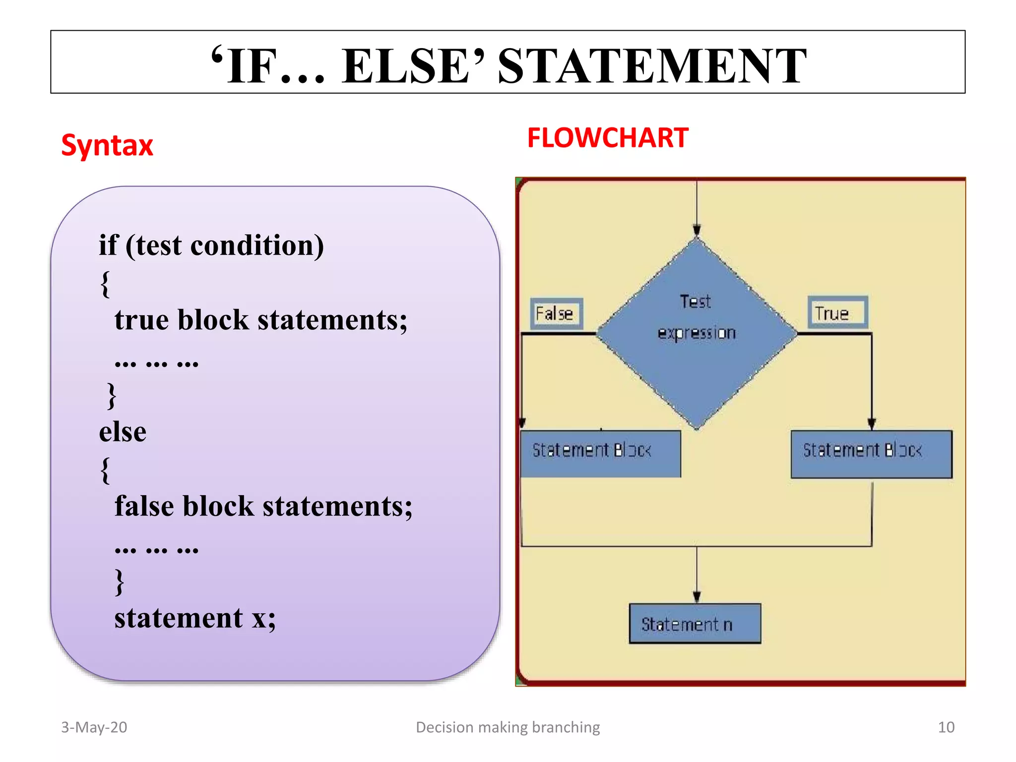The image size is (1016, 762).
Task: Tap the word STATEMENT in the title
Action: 652,66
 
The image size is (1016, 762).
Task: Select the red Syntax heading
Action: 107,145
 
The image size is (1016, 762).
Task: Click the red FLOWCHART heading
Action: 608,138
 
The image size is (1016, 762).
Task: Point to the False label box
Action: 556,314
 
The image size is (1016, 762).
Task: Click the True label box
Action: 837,313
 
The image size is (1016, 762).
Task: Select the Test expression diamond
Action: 697,333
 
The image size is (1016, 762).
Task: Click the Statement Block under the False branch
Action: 600,453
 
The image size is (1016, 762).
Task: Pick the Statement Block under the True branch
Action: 871,453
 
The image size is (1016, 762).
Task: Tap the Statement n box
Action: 695,624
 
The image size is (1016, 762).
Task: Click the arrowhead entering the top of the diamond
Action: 697,230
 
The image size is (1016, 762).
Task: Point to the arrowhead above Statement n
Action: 697,596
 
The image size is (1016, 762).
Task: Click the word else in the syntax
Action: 123,432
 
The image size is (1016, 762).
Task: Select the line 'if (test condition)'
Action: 211,245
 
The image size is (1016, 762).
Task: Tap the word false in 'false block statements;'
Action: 144,506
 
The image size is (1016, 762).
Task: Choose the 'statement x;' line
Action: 195,618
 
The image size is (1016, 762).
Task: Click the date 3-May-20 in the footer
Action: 94,727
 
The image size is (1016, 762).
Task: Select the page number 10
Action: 946,727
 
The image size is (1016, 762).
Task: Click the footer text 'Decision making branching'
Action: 508,727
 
